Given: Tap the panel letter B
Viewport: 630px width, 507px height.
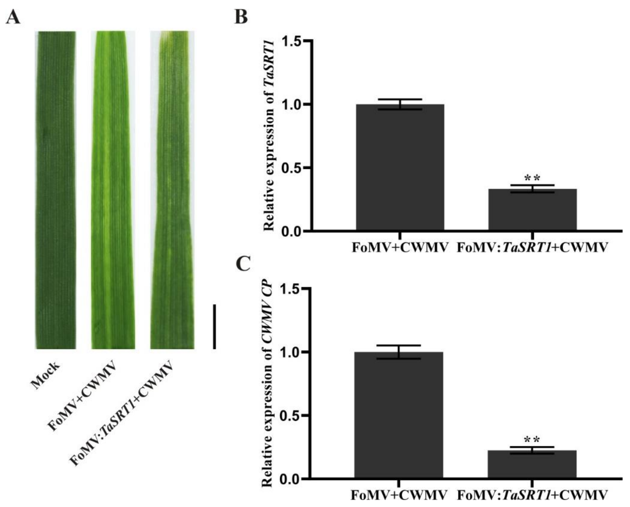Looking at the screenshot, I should click(x=241, y=17).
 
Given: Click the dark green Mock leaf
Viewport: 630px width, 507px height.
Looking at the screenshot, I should click(x=55, y=190).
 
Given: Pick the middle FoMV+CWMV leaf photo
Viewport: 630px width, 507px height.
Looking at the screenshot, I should click(x=113, y=190).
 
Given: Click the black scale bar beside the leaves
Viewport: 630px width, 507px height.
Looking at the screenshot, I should click(x=214, y=327).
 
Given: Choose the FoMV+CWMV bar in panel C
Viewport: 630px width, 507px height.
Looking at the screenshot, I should click(x=399, y=415).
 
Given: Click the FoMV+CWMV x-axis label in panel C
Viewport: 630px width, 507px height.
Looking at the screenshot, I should click(x=399, y=495).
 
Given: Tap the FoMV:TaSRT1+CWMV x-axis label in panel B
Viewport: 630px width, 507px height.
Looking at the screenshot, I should click(x=532, y=248).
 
